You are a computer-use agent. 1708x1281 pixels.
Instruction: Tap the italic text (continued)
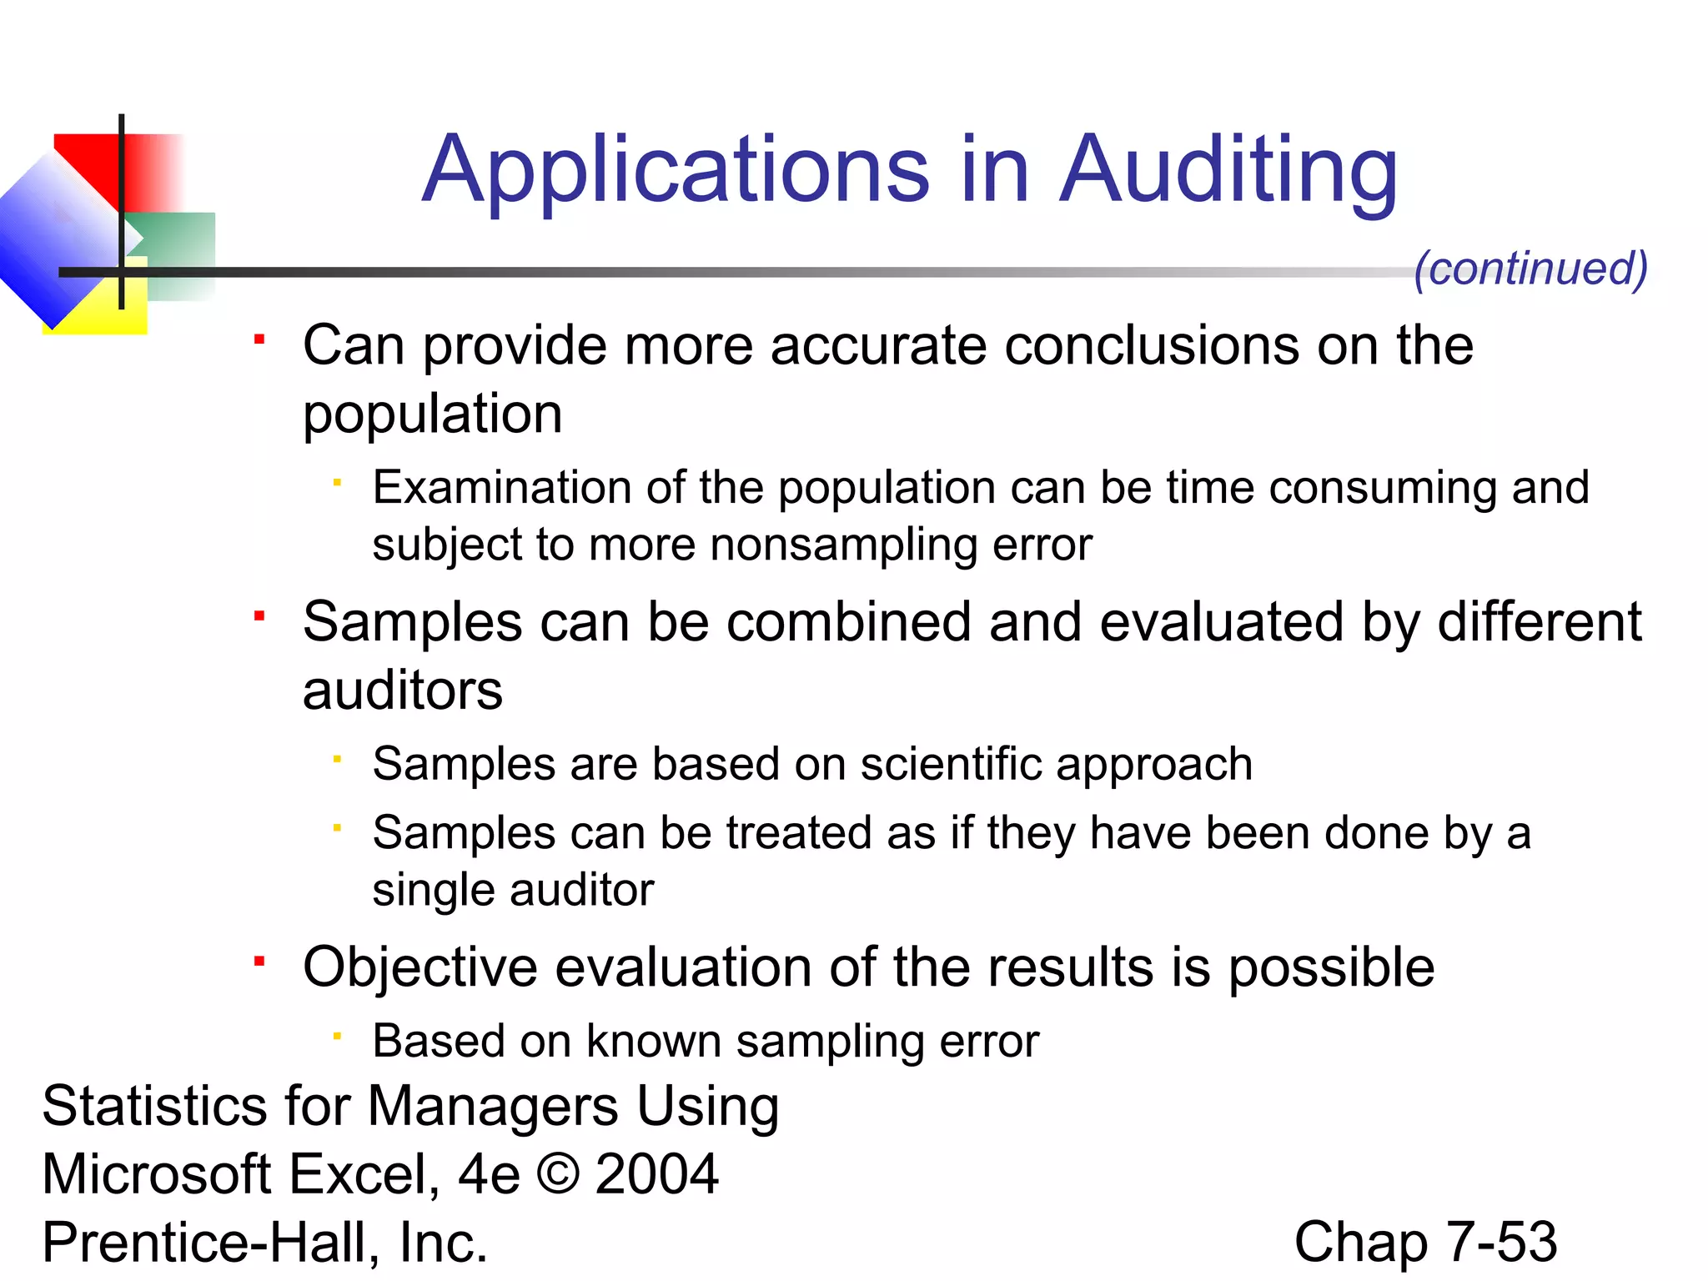coord(1531,269)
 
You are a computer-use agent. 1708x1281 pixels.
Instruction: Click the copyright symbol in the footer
coord(558,1173)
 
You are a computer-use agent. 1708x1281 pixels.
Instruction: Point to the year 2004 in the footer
coord(656,1173)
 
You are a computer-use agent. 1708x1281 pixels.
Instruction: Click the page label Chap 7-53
coord(1425,1242)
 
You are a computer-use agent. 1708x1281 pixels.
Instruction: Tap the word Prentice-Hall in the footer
coord(204,1242)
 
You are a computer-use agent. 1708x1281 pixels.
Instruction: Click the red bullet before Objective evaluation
coord(259,962)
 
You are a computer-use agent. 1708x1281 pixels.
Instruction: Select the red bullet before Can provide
coord(259,339)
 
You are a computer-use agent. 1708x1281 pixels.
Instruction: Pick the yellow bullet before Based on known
coord(337,1037)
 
